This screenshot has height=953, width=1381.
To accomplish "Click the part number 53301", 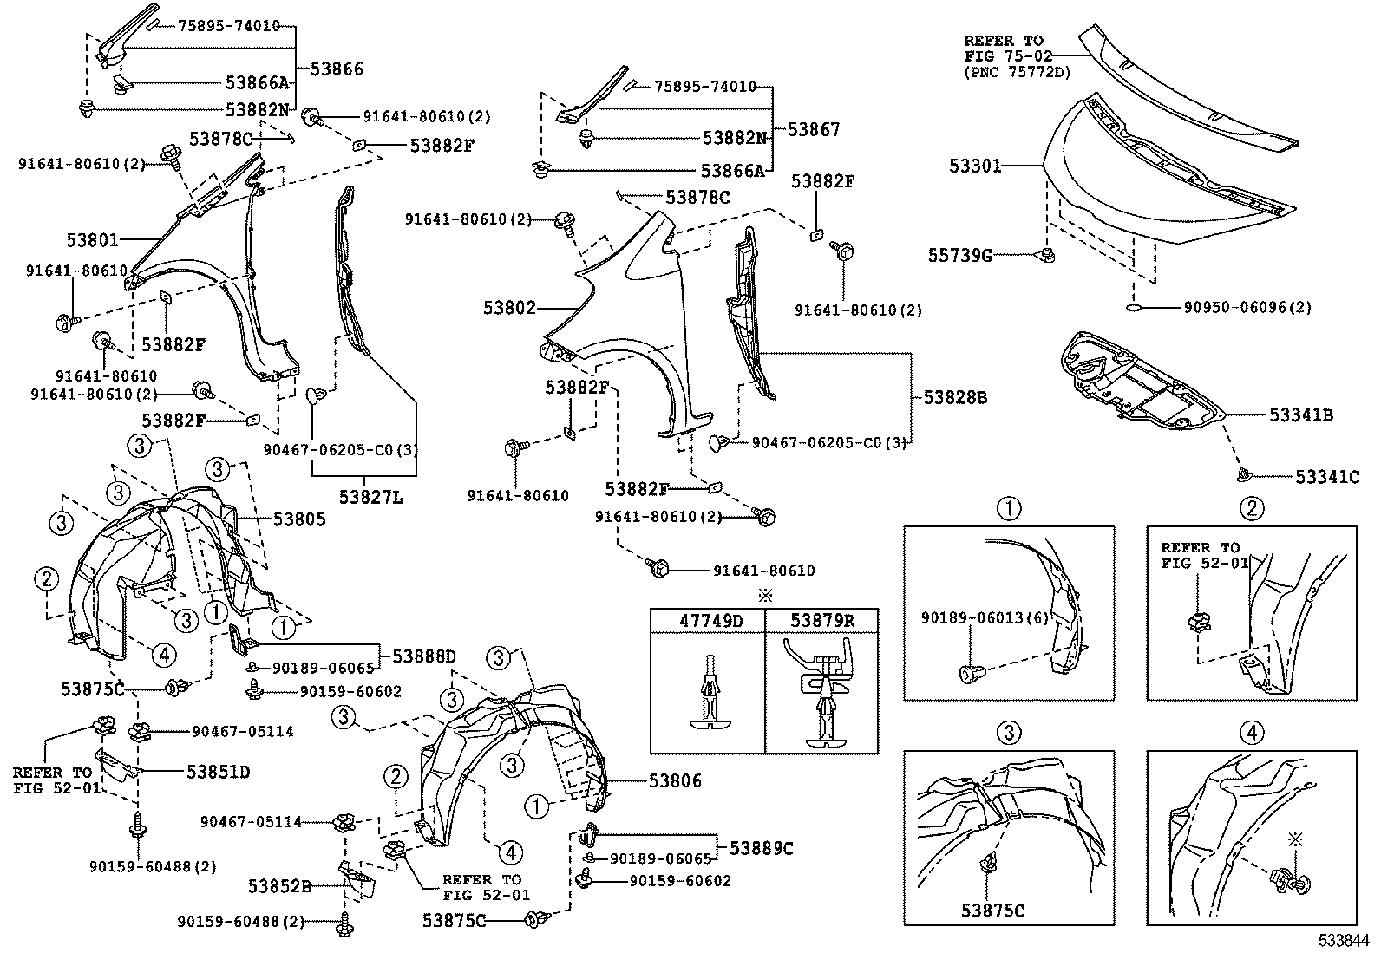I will tap(974, 166).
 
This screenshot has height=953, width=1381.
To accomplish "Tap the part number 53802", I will tap(509, 308).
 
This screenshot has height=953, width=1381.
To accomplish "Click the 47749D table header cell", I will tap(708, 620).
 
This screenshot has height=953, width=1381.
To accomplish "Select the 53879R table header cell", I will tap(821, 620).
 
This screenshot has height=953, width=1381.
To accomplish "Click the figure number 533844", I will tap(1345, 940).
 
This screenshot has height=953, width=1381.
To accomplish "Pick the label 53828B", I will tap(954, 398).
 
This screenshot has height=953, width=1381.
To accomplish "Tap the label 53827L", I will tap(370, 498).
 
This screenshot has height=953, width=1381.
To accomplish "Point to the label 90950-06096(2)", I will tap(1247, 307).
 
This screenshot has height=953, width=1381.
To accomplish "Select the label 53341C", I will tap(1327, 476).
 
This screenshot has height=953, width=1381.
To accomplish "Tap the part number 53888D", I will tap(423, 656).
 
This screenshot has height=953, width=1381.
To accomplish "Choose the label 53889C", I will tap(761, 848).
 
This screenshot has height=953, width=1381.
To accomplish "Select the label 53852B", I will tap(279, 886).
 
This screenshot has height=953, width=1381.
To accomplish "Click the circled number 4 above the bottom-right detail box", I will tap(1252, 733).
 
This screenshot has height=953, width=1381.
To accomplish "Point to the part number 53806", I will tap(675, 780).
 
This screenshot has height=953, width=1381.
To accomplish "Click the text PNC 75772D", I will tap(1017, 72).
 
